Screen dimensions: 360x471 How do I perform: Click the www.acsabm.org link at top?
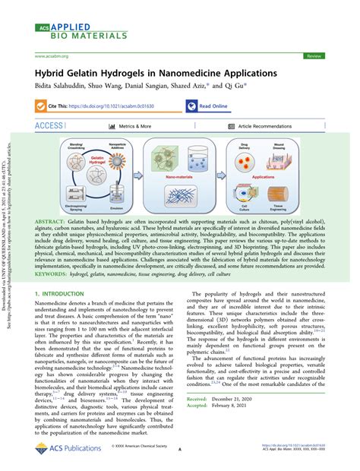point(54,56)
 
